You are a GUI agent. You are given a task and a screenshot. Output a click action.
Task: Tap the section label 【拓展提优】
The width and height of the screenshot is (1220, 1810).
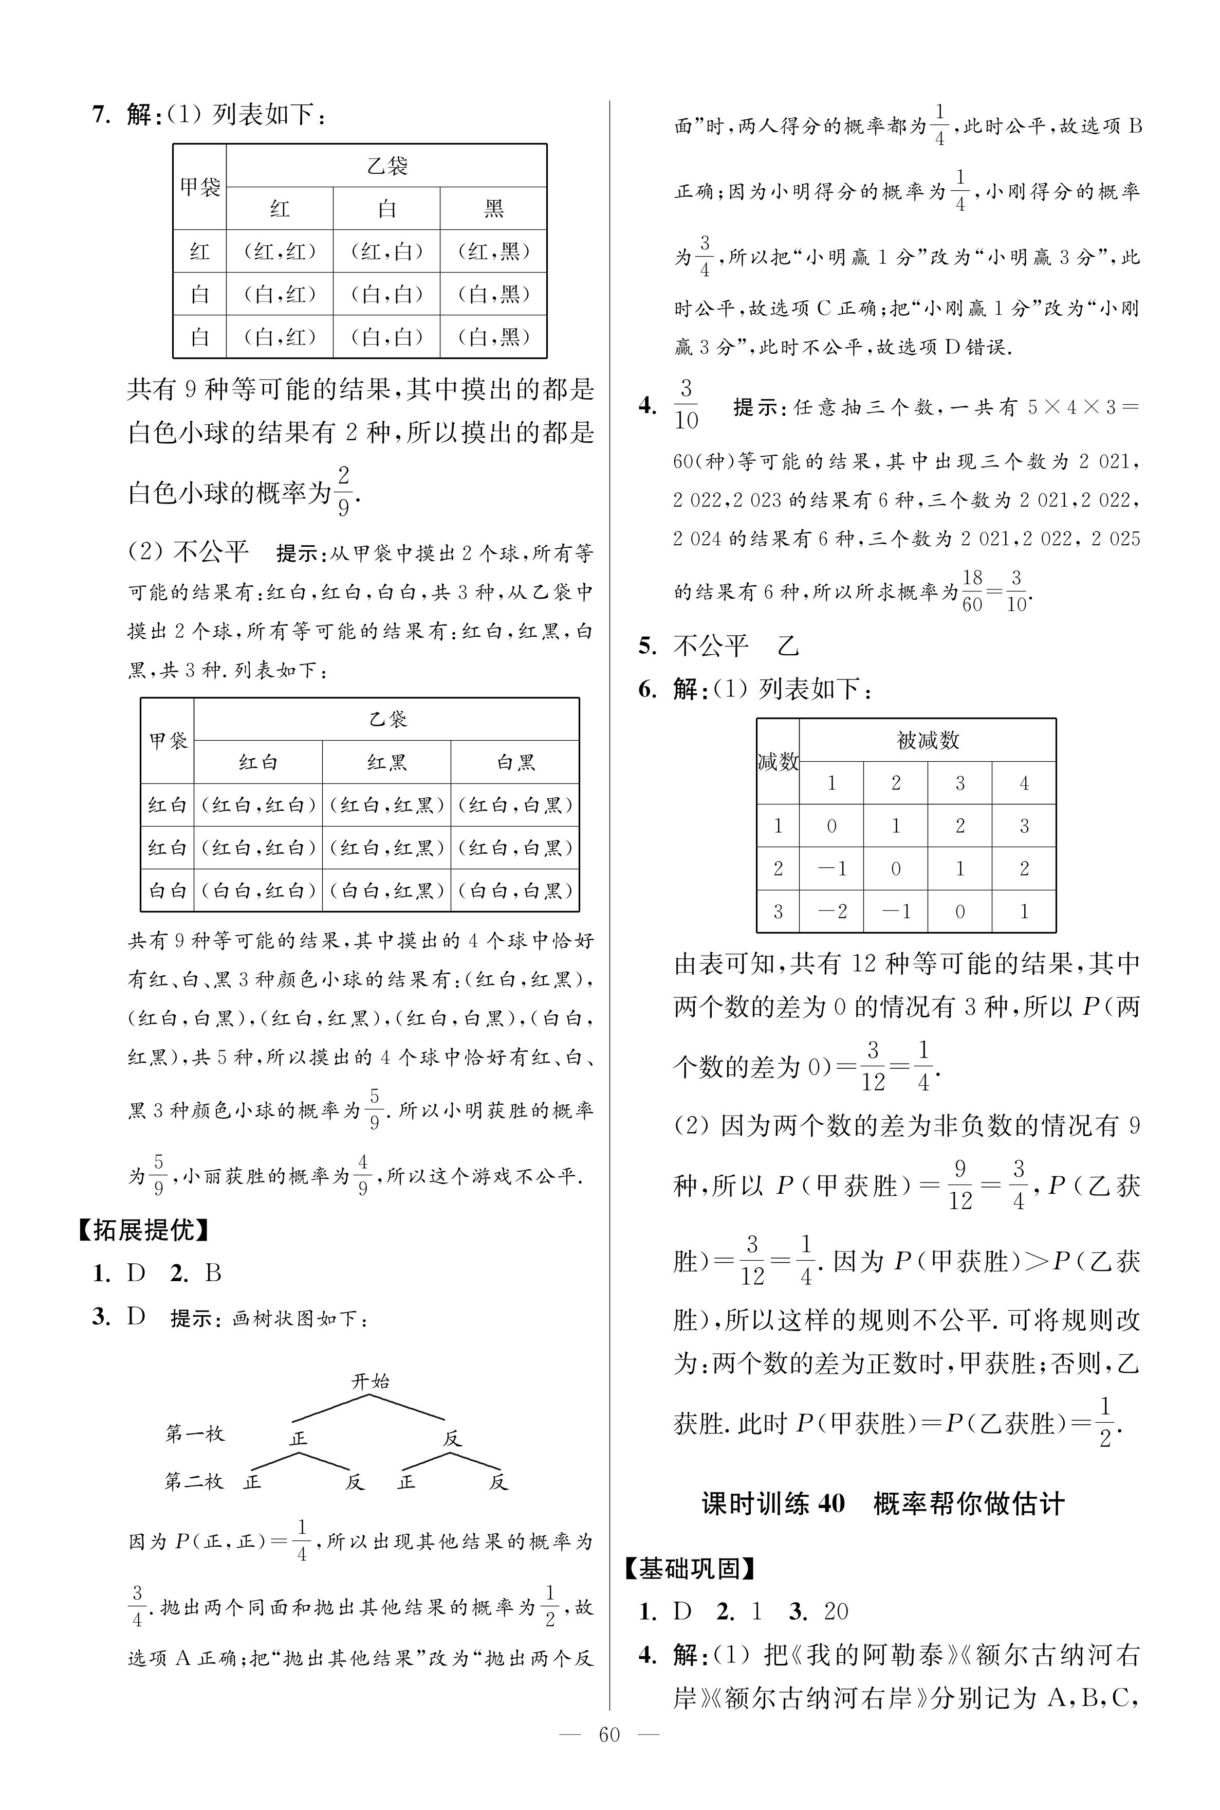(143, 1230)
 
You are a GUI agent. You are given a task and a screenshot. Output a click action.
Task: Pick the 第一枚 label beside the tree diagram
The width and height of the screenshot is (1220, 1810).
(195, 1433)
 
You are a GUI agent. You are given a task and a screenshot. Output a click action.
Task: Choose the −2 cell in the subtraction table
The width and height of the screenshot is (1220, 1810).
(831, 911)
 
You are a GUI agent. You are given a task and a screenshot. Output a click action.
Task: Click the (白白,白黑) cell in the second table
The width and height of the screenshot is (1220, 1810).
(515, 890)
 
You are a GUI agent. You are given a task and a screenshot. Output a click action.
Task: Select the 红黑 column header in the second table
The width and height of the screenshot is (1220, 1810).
(386, 762)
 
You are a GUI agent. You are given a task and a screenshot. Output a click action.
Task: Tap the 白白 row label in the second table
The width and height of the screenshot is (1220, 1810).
(168, 890)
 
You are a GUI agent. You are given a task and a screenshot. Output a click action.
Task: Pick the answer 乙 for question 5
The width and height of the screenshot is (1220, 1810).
(787, 646)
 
